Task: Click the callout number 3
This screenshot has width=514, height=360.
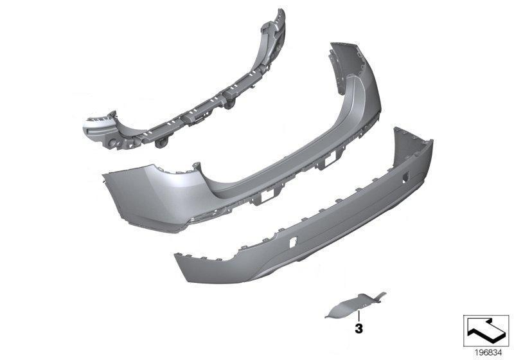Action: (359, 328)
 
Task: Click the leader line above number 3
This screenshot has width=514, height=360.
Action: (359, 316)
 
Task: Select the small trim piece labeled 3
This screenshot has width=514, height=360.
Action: (356, 305)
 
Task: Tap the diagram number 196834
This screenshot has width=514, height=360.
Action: (488, 353)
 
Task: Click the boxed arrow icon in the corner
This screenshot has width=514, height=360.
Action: (486, 330)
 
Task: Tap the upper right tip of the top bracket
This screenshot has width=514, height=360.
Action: (281, 10)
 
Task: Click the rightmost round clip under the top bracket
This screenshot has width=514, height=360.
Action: (229, 105)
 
